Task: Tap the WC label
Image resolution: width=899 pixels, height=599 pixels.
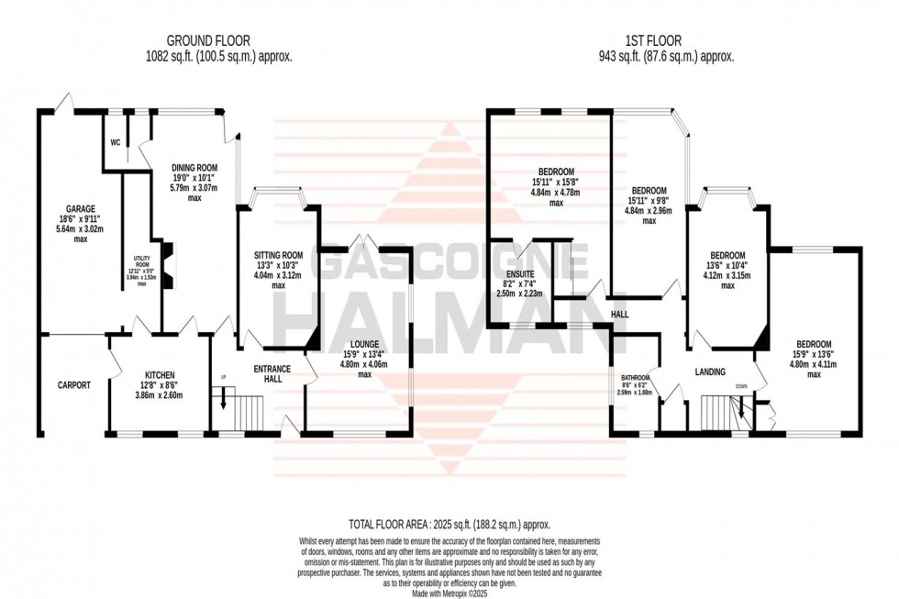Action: [115, 142]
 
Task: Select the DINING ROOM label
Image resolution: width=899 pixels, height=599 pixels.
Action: [193, 167]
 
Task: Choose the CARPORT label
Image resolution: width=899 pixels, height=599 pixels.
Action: [72, 385]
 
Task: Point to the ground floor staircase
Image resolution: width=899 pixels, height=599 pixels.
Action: [240, 410]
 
